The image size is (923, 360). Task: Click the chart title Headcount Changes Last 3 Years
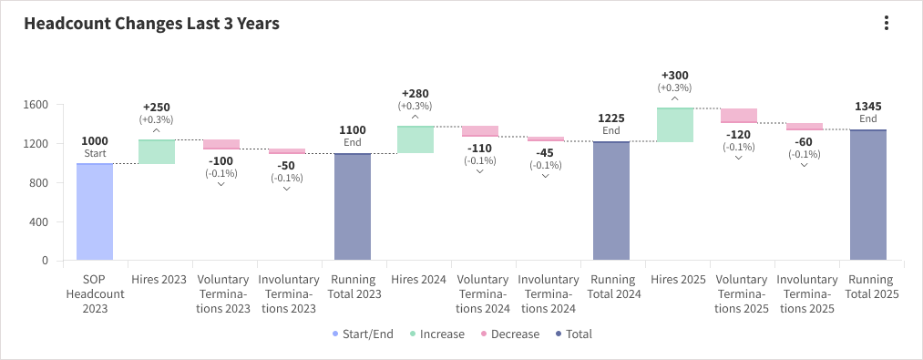151,25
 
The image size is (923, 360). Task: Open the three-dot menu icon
886,24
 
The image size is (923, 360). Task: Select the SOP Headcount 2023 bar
95,212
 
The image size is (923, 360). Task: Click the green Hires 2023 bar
157,151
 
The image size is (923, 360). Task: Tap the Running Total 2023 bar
353,207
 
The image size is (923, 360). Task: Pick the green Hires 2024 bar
415,139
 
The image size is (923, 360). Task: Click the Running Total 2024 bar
611,201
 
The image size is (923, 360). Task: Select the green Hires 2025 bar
675,125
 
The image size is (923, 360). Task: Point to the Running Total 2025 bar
868,195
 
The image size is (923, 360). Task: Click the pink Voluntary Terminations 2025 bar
739,115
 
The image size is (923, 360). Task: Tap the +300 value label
675,76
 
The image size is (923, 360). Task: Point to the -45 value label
545,152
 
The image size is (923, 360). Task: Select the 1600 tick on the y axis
36,105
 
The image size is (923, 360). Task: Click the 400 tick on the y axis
39,221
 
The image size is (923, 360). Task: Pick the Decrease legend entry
510,334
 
